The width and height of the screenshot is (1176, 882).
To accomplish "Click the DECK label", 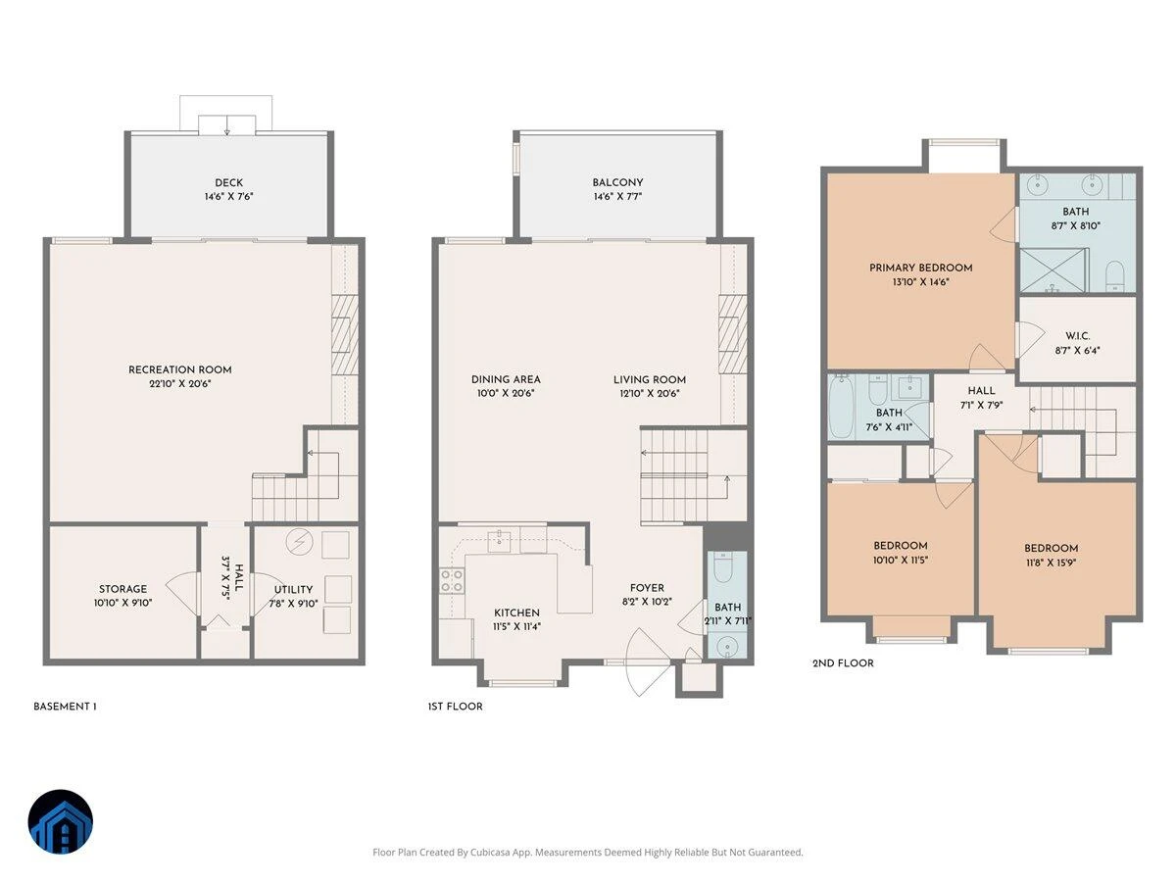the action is pos(228,182).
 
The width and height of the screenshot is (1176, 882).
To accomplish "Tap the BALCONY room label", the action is pos(617,182).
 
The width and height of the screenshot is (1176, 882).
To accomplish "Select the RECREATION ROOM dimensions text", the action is pos(180,383).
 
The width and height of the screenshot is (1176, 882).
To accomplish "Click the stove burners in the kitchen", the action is pos(451,581).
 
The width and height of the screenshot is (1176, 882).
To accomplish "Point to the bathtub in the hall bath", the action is pos(840,407).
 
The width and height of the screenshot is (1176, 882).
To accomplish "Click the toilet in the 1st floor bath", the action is pos(722,568).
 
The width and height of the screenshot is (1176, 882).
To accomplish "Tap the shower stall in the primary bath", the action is pos(1053,271).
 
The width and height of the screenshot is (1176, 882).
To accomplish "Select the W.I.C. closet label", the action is pos(1077,336).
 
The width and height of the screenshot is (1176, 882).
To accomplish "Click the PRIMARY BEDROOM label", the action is pos(920,268).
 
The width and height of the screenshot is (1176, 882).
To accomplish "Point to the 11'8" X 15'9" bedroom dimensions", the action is pos(1051,563).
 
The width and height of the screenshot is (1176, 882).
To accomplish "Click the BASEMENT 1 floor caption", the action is pos(65,707).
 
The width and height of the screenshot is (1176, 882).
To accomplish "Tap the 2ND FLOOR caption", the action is pos(843,663).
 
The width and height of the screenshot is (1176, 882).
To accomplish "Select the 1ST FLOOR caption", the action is pos(455,707).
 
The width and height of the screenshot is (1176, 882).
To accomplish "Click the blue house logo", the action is pos(61,821).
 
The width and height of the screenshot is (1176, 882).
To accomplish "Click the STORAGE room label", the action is pos(122,589).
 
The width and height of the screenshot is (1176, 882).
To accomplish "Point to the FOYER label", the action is pos(647,587).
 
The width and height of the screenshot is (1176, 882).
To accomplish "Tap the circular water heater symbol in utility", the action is pos(299,543).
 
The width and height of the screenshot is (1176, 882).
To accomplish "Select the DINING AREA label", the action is pos(506,379).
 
